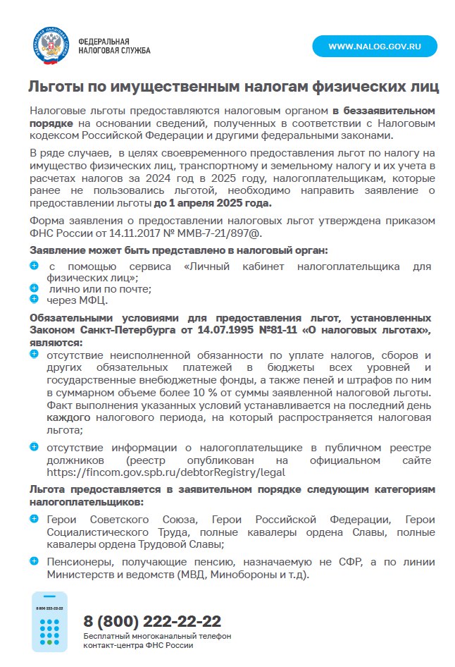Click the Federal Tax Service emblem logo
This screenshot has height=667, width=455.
tap(51, 46)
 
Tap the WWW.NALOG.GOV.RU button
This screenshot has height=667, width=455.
tap(375, 47)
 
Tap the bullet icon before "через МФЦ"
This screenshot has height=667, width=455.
tap(34, 299)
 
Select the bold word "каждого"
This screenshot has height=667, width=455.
tap(67, 418)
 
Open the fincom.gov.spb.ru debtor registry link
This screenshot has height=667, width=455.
tap(166, 473)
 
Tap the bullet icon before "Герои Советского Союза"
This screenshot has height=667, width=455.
tap(34, 519)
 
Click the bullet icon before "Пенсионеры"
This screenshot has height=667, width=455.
tap(34, 561)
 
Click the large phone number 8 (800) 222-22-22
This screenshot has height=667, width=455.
tap(152, 621)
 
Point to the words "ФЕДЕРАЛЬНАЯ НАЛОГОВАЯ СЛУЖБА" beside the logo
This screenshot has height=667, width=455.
tap(114, 46)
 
